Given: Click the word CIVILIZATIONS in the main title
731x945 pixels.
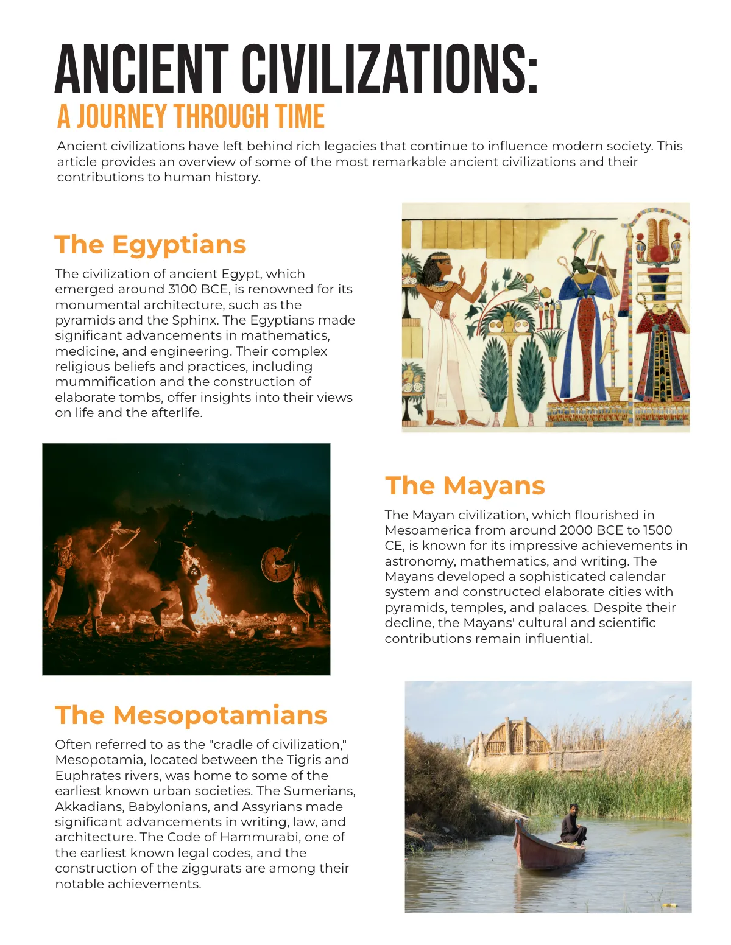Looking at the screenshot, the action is click(x=390, y=68).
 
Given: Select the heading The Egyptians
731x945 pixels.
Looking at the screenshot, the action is click(x=150, y=245).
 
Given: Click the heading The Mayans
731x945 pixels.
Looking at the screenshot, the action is click(x=465, y=486).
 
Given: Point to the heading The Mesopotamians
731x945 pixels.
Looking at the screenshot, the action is click(x=191, y=715).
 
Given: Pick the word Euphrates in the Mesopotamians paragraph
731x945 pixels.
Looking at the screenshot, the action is click(x=84, y=776).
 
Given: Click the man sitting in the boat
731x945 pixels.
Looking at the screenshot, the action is click(x=573, y=825).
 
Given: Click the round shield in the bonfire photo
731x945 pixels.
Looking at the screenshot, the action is click(x=277, y=564).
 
